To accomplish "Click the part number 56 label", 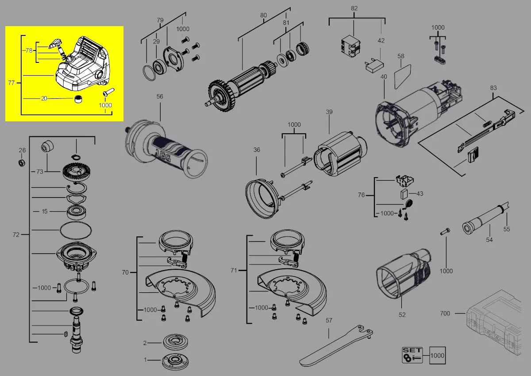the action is pos(160,97).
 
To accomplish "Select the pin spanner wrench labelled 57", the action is pos(336,345).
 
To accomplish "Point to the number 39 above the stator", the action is pos(329,112).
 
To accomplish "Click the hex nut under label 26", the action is pos(22,163).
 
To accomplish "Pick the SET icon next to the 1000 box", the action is pos(412,355).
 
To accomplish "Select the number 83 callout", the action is pos(493,88).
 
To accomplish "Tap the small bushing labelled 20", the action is pos(78,99).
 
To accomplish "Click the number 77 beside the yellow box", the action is pos(11,83).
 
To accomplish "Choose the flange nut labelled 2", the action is pos(176,341).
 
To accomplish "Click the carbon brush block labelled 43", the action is pos(404,194).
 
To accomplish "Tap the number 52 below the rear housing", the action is pos(402,315).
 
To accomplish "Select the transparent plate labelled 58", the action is pos(403,77).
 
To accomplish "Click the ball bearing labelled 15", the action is pos(76,213).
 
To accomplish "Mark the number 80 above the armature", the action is pos(263,15).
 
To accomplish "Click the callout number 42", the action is pos(381,41).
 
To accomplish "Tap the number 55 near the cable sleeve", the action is pos(507,229).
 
